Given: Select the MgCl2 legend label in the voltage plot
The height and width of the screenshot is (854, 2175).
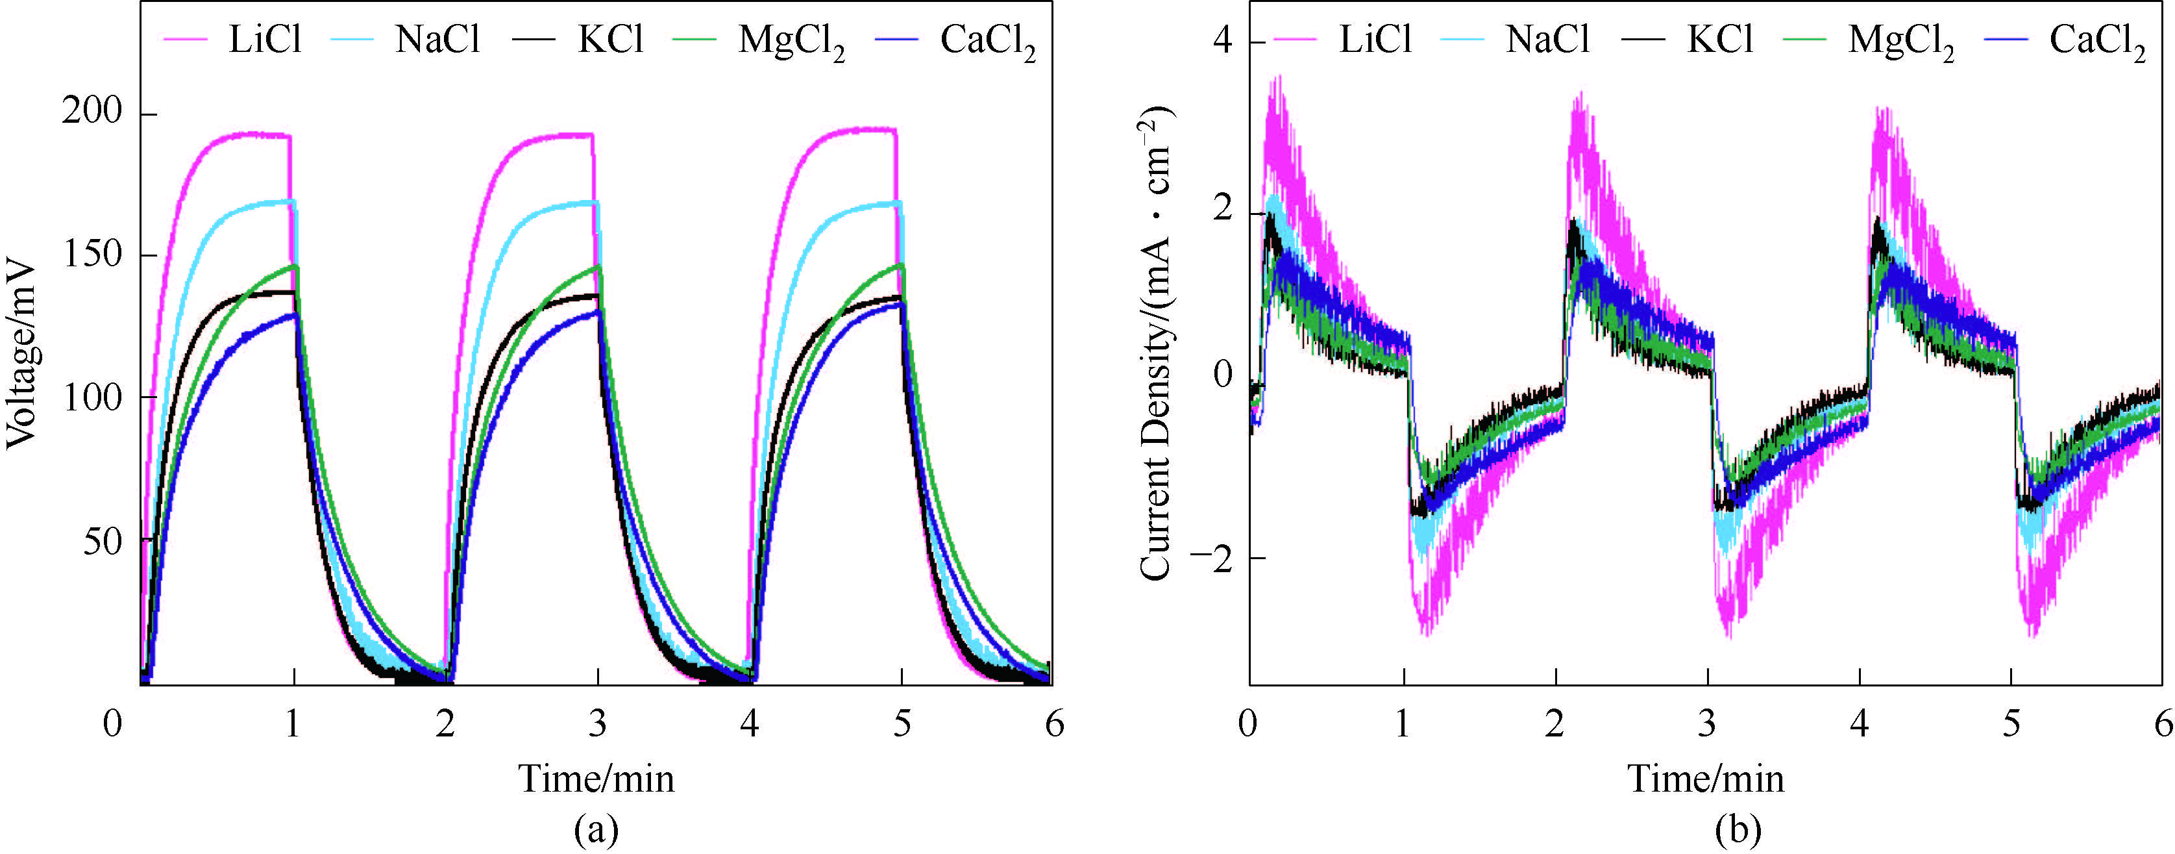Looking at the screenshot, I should (x=791, y=40).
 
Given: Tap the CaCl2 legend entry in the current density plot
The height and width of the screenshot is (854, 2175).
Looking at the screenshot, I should (x=2097, y=40).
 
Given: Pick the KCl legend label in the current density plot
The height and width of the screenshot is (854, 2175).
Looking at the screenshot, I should (x=1720, y=39).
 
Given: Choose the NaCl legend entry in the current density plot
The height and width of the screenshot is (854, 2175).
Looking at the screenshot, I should (x=1547, y=39).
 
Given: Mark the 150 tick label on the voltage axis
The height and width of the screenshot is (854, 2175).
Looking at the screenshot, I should (x=92, y=255).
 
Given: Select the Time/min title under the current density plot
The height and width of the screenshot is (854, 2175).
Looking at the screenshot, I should (x=1706, y=778).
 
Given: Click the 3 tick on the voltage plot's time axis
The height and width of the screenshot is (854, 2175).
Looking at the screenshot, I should (x=598, y=724).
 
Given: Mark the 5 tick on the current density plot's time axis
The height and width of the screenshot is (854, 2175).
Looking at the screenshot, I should (x=2012, y=724).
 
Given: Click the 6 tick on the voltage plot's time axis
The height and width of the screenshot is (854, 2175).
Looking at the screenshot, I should (x=1053, y=724).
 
